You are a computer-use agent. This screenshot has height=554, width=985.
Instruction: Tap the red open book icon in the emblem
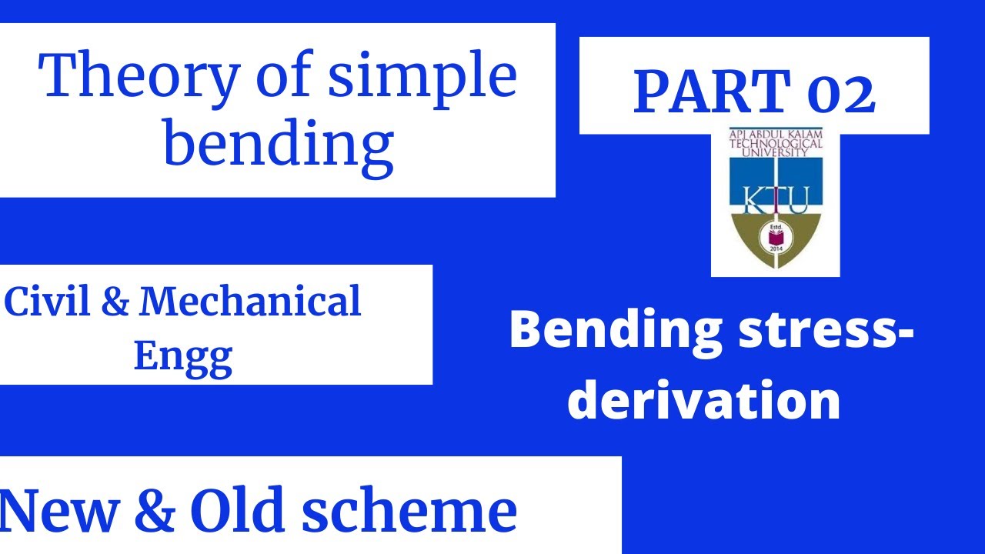coord(775,236)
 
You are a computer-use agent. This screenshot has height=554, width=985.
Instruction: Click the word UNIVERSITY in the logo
coord(775,152)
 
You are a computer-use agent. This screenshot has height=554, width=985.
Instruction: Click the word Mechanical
coord(249,302)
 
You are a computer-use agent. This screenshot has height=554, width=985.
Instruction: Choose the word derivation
coord(703,400)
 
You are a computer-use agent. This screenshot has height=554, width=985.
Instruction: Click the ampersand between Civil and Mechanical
coord(115,302)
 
